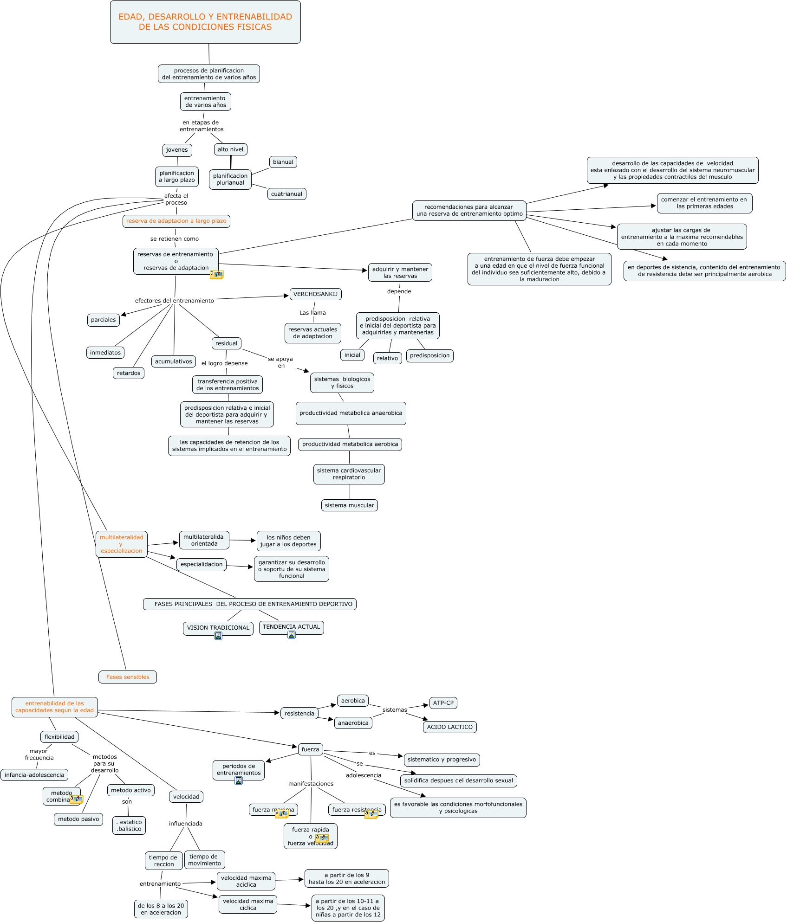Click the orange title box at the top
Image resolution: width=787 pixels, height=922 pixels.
point(205,22)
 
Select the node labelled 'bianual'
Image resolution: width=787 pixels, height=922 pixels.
point(283,162)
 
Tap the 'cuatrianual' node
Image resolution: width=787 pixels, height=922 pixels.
point(286,194)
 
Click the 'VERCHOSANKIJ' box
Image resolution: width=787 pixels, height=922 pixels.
point(316,294)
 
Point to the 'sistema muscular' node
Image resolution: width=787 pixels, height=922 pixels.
point(349,505)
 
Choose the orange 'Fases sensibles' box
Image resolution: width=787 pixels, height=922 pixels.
point(128,677)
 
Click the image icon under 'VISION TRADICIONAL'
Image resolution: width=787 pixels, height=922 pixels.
point(218,636)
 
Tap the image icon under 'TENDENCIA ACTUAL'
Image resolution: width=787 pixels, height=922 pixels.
point(292,635)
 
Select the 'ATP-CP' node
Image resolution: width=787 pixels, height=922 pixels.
point(443,703)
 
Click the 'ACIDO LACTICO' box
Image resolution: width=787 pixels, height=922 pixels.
point(449,727)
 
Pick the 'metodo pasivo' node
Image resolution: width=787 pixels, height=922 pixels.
point(78,819)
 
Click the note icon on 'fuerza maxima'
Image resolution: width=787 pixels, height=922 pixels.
point(281,813)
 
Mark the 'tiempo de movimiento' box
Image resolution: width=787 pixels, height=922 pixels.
point(204,860)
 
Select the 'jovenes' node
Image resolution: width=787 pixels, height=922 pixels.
point(177,150)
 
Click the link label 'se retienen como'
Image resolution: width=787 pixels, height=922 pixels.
point(175,239)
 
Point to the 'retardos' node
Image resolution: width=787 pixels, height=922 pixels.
point(129,373)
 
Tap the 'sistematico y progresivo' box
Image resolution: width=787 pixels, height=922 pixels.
point(442,760)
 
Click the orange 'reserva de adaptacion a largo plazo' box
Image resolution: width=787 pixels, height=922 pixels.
point(176,221)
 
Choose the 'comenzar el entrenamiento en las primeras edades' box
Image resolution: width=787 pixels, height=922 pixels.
point(704,203)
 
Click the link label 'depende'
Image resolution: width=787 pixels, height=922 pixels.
point(399,291)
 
